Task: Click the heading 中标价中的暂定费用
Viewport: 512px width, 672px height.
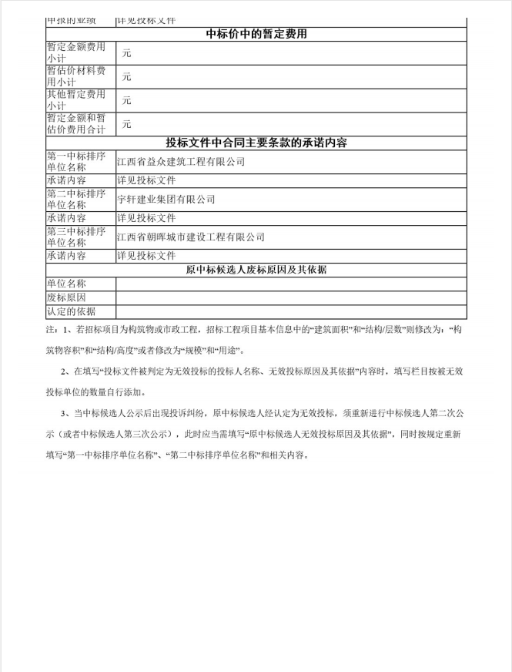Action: click(x=257, y=34)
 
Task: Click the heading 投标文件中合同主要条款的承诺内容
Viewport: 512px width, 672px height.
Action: click(x=257, y=143)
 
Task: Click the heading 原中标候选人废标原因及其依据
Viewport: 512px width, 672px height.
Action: click(x=257, y=270)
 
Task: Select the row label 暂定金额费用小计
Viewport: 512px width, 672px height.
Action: click(x=76, y=53)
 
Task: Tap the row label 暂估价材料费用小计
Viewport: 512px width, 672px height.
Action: click(x=76, y=76)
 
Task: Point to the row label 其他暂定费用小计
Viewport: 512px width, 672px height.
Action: click(x=76, y=100)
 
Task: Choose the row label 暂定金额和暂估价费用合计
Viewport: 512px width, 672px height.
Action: click(x=76, y=124)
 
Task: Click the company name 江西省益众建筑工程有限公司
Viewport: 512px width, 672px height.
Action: click(x=181, y=162)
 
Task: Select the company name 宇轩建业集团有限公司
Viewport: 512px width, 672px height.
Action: click(x=166, y=200)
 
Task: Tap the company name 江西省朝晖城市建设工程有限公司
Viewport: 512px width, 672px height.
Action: click(x=191, y=237)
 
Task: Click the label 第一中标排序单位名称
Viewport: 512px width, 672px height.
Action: click(x=76, y=162)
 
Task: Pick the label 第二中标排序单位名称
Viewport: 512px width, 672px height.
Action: click(x=76, y=200)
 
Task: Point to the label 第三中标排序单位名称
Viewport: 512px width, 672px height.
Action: click(x=76, y=237)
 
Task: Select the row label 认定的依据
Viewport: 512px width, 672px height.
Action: click(x=71, y=311)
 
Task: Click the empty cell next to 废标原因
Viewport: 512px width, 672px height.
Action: click(x=291, y=297)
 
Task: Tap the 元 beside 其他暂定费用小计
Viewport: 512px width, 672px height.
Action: click(x=127, y=100)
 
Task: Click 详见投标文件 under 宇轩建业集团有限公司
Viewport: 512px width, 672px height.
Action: click(x=146, y=218)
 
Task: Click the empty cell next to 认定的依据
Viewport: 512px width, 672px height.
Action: click(x=291, y=311)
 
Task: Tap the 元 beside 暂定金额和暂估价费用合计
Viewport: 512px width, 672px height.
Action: click(x=127, y=124)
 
